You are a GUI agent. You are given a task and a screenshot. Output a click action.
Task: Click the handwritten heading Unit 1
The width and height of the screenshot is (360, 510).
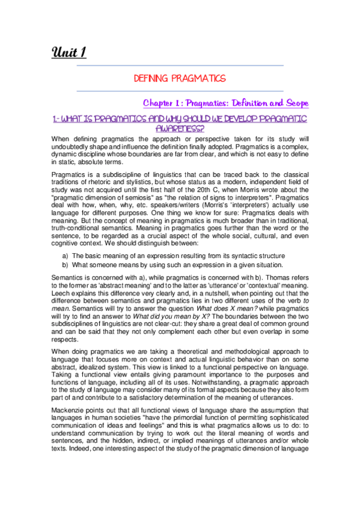tap(69, 52)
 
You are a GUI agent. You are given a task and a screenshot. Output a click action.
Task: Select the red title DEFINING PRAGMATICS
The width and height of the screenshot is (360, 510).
tap(180, 78)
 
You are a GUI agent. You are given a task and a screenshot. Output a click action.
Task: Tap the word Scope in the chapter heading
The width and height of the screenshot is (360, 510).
tap(292, 103)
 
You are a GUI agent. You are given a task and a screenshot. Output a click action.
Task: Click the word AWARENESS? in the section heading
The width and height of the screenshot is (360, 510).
tap(180, 127)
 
